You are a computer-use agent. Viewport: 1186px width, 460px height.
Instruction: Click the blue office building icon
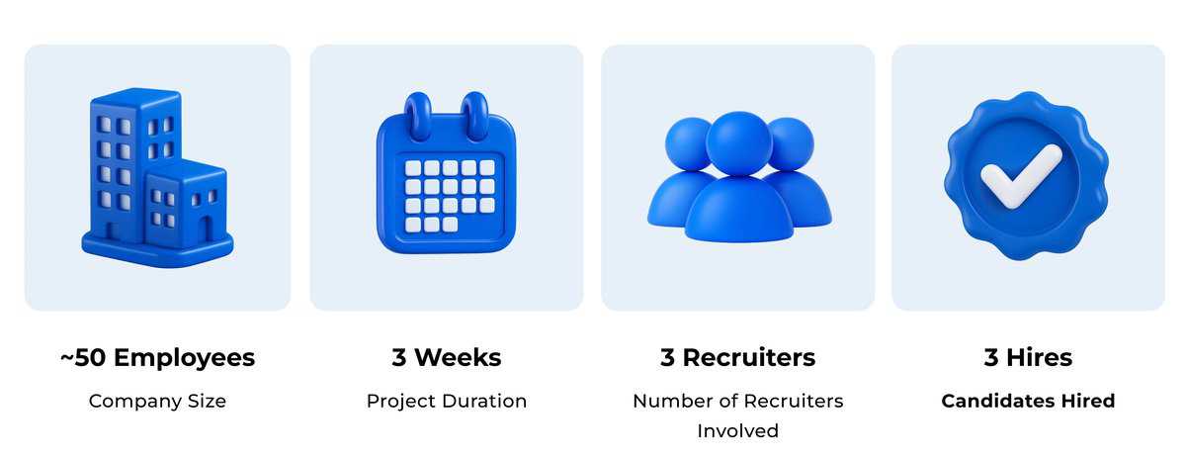click(x=157, y=177)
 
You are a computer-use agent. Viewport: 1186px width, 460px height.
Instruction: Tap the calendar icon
click(x=446, y=173)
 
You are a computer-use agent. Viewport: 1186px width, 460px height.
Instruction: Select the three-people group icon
click(x=739, y=176)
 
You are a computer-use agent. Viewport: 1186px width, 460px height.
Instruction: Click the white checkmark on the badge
click(x=1021, y=176)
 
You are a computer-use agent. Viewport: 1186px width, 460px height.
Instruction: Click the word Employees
click(x=184, y=359)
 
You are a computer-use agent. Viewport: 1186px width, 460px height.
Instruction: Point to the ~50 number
click(x=83, y=358)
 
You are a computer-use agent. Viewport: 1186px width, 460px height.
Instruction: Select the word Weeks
click(x=458, y=358)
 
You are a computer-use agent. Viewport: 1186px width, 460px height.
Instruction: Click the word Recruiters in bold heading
click(x=749, y=358)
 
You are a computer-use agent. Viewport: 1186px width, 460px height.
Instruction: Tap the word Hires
click(x=1039, y=358)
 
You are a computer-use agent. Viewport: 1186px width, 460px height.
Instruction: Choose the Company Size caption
click(x=157, y=402)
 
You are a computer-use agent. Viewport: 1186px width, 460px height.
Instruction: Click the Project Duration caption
click(x=447, y=402)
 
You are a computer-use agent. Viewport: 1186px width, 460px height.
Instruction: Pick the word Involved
click(x=737, y=431)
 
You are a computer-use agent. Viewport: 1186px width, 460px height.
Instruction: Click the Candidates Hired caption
click(x=1028, y=402)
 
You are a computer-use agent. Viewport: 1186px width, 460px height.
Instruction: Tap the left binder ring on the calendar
click(x=418, y=116)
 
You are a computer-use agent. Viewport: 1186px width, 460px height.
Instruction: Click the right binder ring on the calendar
click(x=474, y=116)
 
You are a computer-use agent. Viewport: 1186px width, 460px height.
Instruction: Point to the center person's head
click(x=739, y=143)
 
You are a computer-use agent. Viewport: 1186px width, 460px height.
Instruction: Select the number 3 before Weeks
click(x=398, y=358)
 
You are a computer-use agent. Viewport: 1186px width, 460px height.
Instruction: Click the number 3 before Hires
click(x=990, y=358)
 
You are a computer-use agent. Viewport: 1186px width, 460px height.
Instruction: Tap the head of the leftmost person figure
click(x=687, y=144)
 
